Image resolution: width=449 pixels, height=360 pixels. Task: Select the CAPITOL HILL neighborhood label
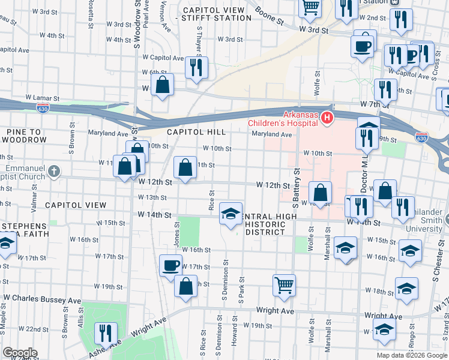tap(196, 131)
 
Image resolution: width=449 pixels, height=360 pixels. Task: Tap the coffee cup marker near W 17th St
tap(171, 265)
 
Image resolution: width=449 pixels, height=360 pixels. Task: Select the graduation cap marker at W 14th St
tap(230, 214)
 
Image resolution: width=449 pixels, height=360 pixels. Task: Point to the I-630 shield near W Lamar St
tap(42, 109)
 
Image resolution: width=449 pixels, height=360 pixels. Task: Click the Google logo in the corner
tap(19, 353)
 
